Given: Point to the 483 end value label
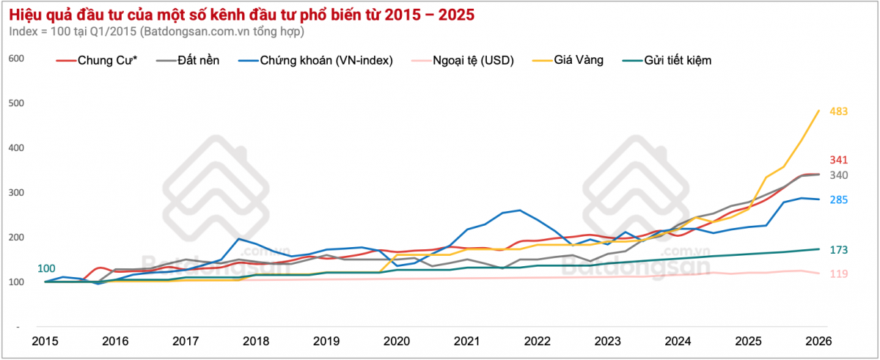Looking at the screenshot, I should coord(839,111).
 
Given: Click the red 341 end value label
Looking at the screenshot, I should coord(839,160).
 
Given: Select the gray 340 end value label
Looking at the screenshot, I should coord(839,175).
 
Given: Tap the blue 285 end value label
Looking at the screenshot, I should coord(839,199).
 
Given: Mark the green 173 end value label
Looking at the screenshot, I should coord(839,250).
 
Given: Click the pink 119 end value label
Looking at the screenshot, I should coord(839,273).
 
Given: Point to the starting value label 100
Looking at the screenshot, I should coord(45,268).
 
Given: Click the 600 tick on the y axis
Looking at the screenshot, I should coord(15,59).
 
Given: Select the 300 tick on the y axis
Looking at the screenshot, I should coord(15,193).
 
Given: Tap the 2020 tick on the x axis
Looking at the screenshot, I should coord(396,341).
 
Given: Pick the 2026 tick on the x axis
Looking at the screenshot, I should coord(818,341).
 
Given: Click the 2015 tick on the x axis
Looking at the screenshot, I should coord(45,341).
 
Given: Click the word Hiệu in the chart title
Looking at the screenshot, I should coord(26,14).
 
